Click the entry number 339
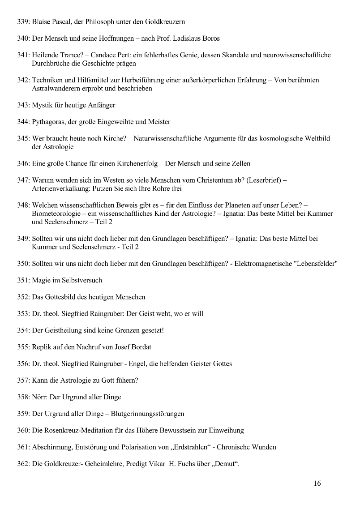click(x=23, y=21)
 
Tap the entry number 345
click(x=23, y=139)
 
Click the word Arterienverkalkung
click(x=60, y=188)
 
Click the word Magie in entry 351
click(x=42, y=280)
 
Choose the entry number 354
click(x=23, y=330)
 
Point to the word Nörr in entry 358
click(x=40, y=397)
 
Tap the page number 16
click(x=317, y=483)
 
